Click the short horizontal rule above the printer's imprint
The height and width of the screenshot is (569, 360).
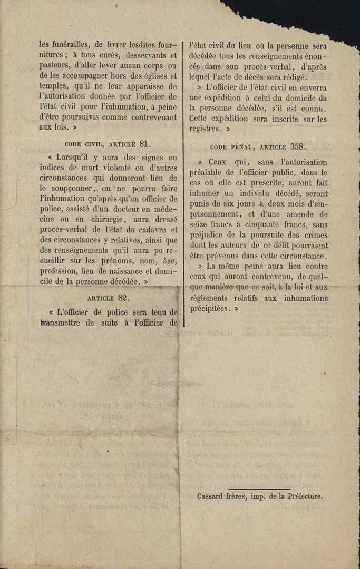(260, 489)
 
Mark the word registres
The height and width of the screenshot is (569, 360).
(205, 128)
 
